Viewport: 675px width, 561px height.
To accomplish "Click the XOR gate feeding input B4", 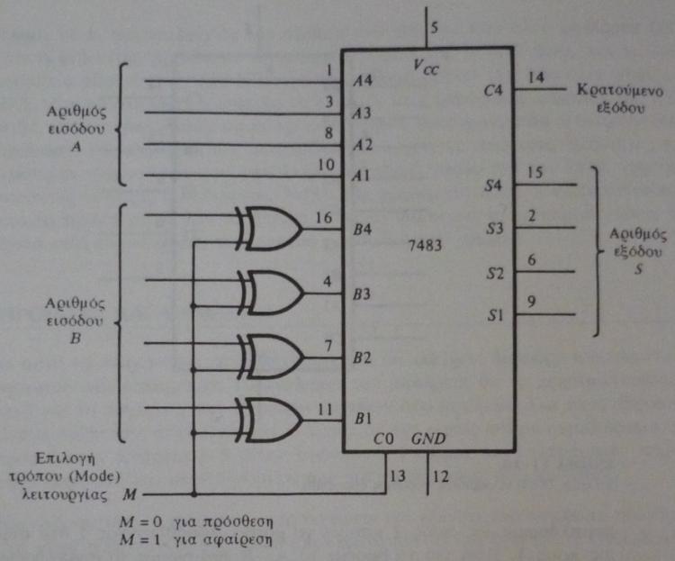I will point(274,228).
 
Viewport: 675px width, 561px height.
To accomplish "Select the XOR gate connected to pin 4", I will point(274,290).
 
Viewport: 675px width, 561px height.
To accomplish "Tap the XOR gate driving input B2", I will point(274,354).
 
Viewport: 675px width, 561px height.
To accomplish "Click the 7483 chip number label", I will point(426,245).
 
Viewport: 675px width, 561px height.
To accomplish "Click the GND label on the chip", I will point(428,439).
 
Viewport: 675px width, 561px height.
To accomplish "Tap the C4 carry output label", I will point(492,91).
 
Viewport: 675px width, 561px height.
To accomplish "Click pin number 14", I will point(535,77).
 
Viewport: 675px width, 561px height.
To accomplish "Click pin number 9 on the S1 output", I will point(533,303).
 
